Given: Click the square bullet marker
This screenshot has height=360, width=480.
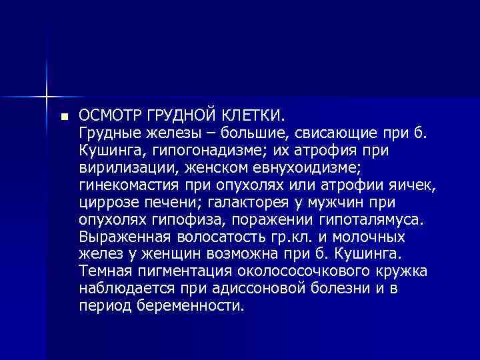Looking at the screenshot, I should point(64,115).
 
